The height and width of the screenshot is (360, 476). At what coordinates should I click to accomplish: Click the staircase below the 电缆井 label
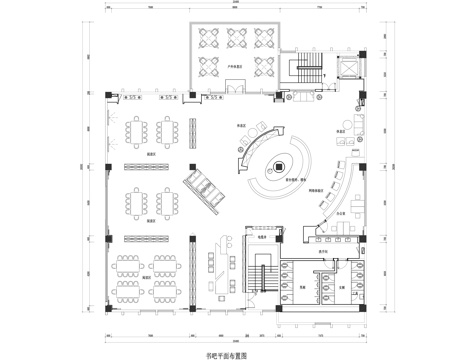(x=264, y=274)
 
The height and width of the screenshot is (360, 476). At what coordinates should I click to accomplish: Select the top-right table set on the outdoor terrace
(x=264, y=38)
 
